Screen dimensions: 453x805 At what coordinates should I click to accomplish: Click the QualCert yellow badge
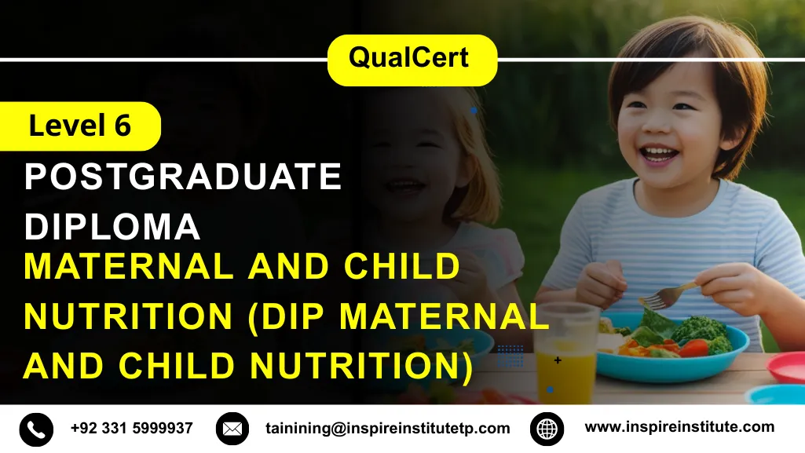(412, 59)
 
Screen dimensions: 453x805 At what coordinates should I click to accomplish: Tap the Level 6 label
(80, 126)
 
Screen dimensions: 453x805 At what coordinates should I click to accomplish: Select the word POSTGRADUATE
(183, 177)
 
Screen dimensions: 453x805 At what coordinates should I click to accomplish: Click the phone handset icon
(36, 429)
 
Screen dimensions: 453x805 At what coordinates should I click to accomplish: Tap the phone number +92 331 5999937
(131, 429)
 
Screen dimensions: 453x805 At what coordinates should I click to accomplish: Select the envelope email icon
(232, 429)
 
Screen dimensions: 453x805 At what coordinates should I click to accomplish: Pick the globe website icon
(547, 429)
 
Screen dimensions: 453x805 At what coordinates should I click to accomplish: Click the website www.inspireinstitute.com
(679, 427)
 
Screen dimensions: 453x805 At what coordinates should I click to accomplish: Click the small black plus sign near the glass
(558, 360)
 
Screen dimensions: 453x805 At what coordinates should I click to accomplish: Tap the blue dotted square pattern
(510, 356)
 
